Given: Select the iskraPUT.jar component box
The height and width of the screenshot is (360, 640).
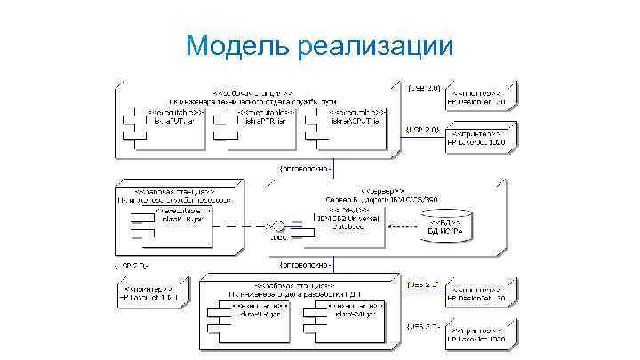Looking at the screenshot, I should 165,123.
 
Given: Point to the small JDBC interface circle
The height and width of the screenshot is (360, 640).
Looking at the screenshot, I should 277,226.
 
